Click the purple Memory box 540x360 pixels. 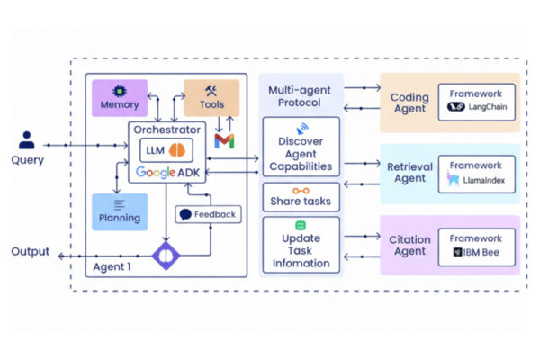[x=120, y=98]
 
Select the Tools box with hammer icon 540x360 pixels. [x=211, y=98]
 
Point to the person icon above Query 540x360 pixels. [x=27, y=140]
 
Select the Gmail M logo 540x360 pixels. [x=224, y=140]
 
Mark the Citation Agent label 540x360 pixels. [x=409, y=245]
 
